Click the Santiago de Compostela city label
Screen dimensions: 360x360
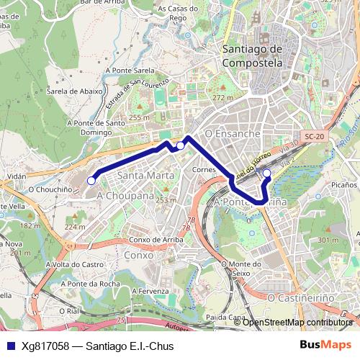[x=252, y=55]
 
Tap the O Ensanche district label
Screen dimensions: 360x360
[x=232, y=134]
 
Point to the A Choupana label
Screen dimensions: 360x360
[x=125, y=195]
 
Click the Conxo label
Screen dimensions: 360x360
[x=138, y=255]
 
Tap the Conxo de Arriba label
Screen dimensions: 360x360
[x=157, y=240]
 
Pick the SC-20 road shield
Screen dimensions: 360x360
[x=315, y=136]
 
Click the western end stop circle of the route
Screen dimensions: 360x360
[x=91, y=181]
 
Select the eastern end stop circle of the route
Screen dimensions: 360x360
[x=266, y=173]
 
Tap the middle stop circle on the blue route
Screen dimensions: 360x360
[x=180, y=145]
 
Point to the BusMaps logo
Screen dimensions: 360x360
[x=326, y=345]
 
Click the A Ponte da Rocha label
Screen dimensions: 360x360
[x=90, y=283]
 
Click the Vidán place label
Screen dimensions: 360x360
[x=15, y=176]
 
